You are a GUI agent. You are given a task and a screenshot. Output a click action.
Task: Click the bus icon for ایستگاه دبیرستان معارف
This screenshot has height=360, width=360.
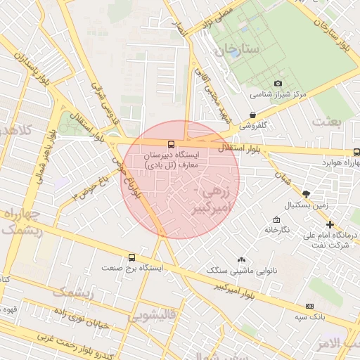(x=172, y=143)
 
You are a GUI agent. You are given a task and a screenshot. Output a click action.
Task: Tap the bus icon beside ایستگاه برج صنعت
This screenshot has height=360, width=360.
(x=132, y=257)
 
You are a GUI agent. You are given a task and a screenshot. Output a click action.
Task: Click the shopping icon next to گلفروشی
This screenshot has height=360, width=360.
(x=252, y=115)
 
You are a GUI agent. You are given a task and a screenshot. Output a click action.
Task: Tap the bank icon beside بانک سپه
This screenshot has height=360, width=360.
(x=310, y=306)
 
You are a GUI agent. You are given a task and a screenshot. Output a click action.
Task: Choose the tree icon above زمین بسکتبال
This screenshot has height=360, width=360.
(x=305, y=193)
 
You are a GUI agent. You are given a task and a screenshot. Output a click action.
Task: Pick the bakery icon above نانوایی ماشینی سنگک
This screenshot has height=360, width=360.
(x=242, y=259)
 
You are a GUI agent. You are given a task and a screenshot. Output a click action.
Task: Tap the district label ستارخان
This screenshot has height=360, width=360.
(x=238, y=50)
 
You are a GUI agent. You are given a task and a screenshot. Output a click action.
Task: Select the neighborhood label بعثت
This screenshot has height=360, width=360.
(x=327, y=122)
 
